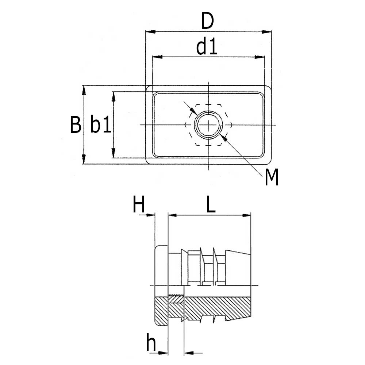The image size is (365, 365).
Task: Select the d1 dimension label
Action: (x=207, y=47)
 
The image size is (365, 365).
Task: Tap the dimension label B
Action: (x=76, y=125)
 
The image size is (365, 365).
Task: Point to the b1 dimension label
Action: (x=100, y=125)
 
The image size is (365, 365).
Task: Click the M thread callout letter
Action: (x=272, y=178)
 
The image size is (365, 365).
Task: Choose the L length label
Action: (x=211, y=206)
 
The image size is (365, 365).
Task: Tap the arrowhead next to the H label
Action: (x=150, y=215)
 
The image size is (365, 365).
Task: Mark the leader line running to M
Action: (x=245, y=157)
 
